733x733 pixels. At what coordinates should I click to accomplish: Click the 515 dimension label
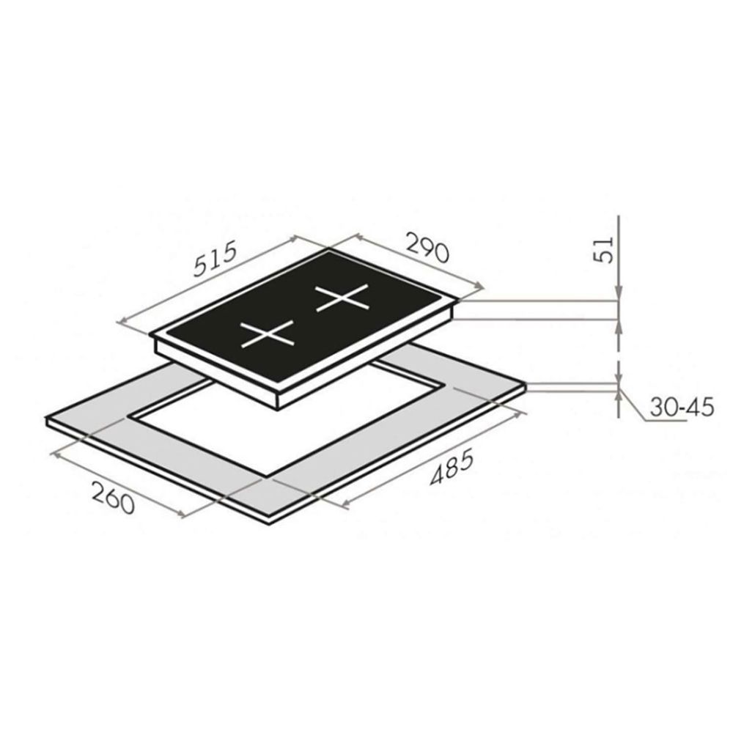(x=216, y=260)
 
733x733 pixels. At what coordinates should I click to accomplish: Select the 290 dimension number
(x=428, y=247)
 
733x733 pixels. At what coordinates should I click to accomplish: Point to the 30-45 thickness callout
(x=682, y=408)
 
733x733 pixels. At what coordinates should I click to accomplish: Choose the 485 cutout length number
(x=452, y=465)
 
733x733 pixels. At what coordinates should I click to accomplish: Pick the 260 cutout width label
(x=113, y=498)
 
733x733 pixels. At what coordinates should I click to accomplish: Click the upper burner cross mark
(x=342, y=298)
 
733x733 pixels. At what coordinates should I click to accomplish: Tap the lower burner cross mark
(x=267, y=334)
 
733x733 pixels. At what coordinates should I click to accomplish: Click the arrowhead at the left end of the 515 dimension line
(x=123, y=321)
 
